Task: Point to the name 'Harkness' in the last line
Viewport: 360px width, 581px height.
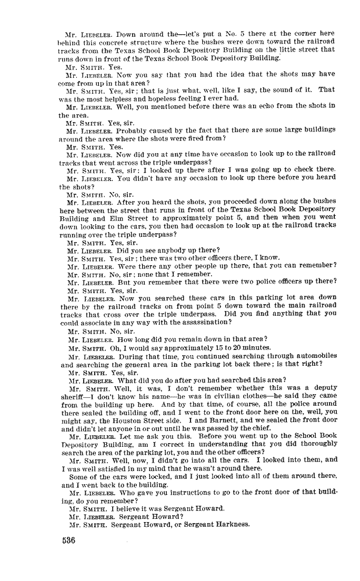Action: [x=225, y=525]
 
